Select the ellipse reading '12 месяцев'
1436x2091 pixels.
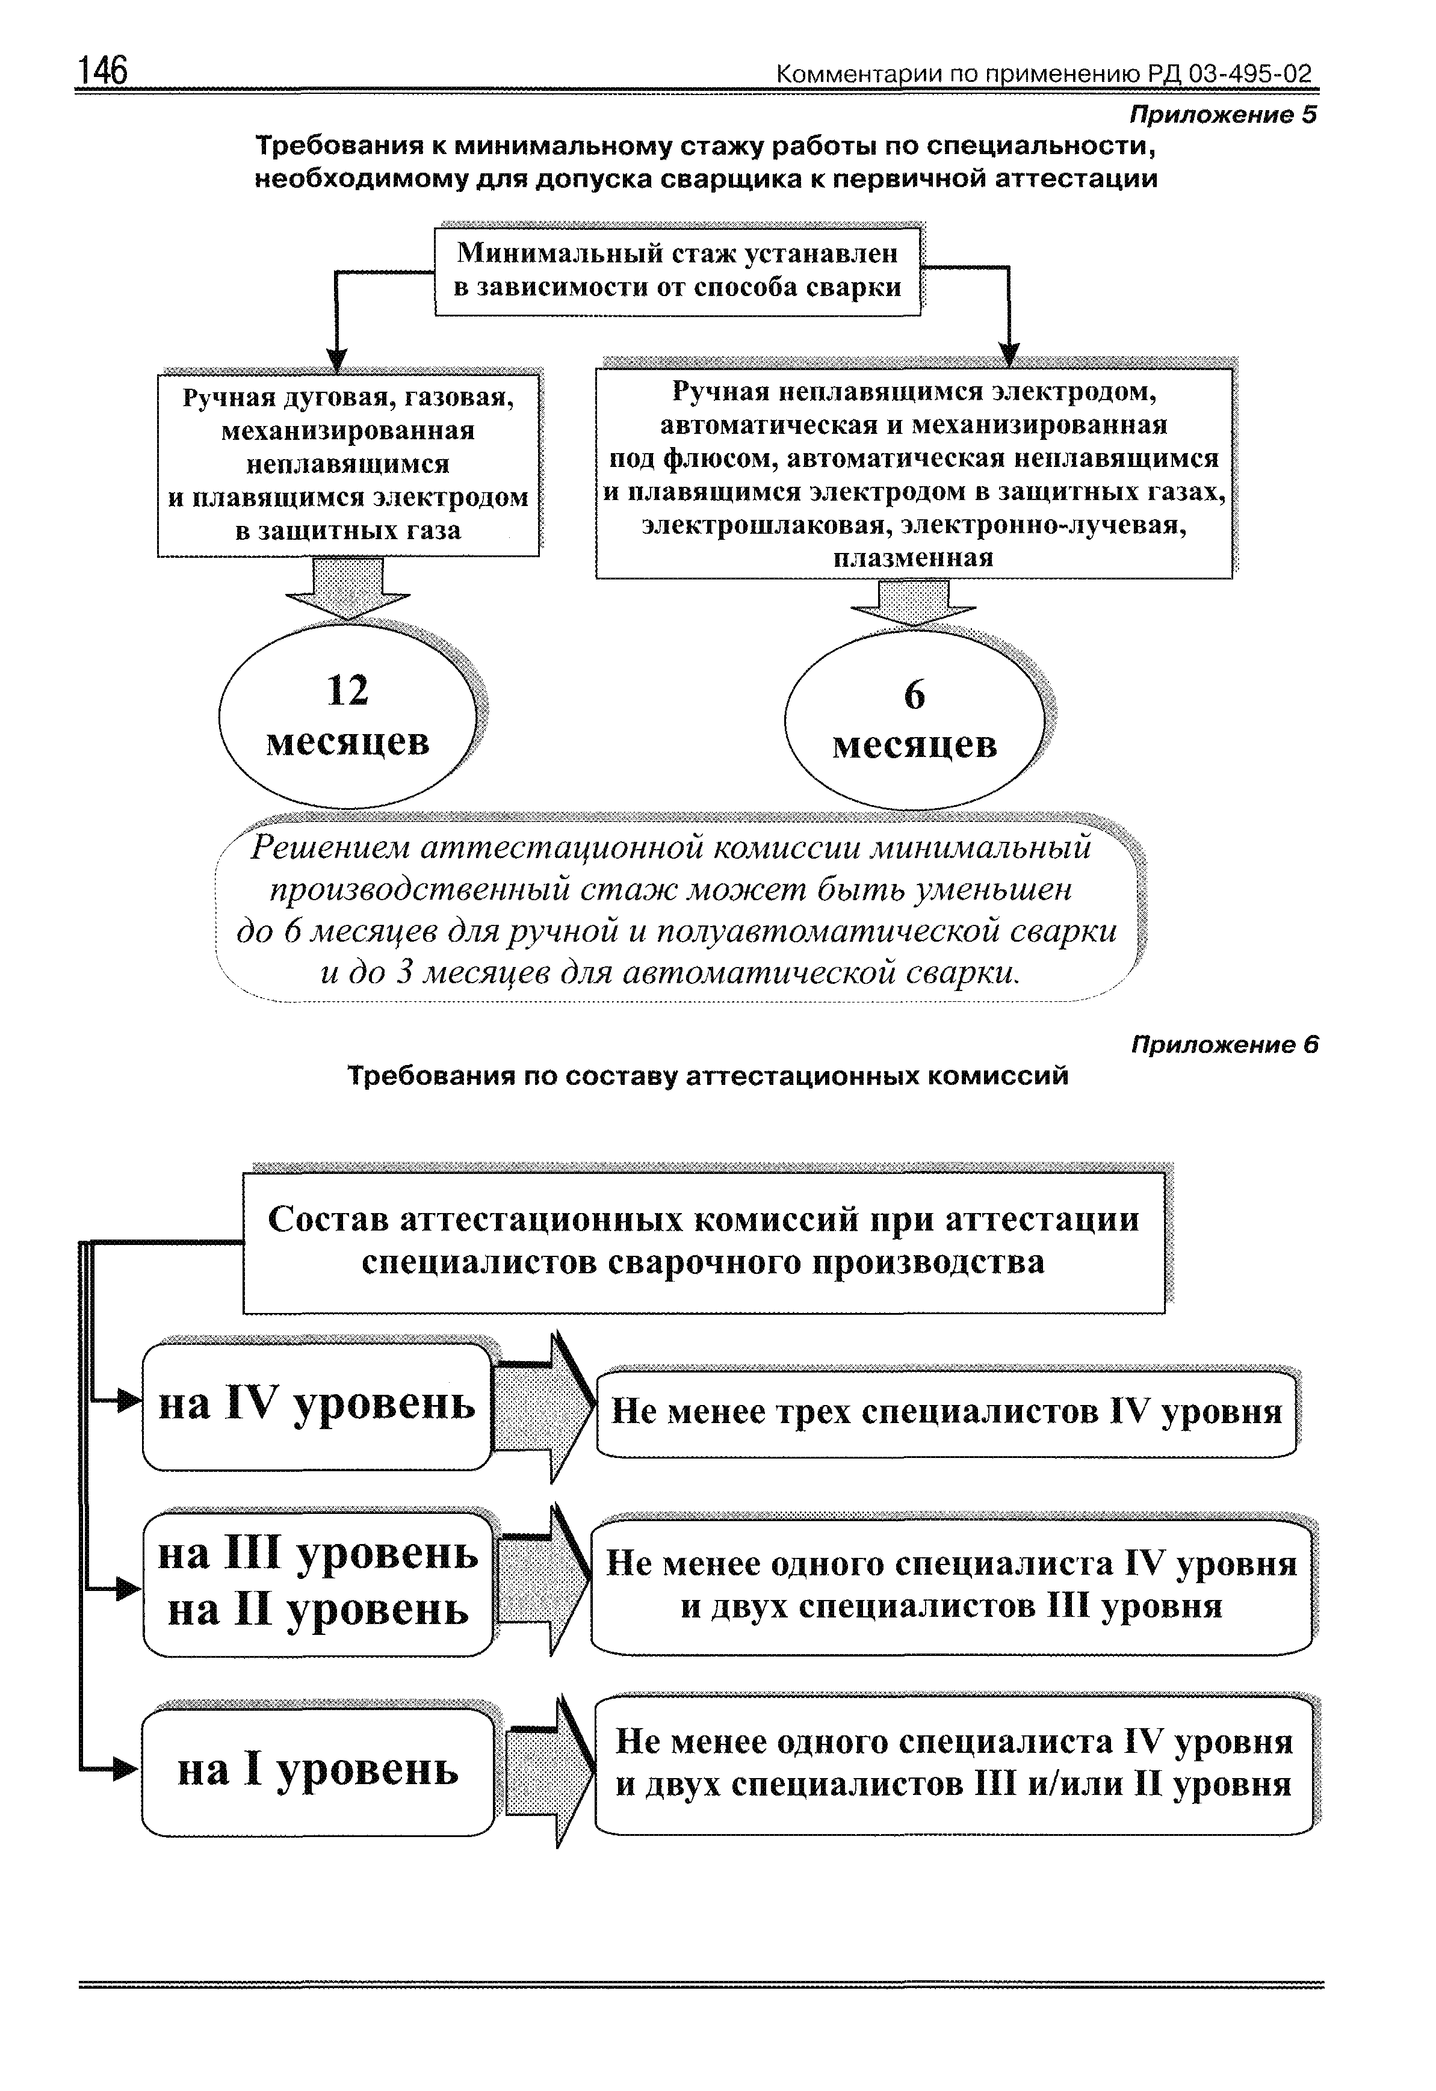click(x=347, y=716)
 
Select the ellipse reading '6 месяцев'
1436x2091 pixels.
click(x=914, y=720)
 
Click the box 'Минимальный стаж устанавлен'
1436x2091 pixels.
click(x=678, y=270)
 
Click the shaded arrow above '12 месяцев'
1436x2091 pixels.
click(x=347, y=587)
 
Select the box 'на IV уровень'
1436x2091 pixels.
click(x=317, y=1406)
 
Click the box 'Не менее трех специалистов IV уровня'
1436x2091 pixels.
click(x=947, y=1412)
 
